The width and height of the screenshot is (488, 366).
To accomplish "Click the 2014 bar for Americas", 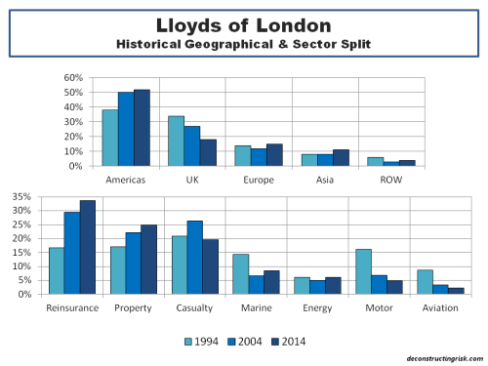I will click(x=142, y=128).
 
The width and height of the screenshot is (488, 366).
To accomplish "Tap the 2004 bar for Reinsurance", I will click(x=72, y=253).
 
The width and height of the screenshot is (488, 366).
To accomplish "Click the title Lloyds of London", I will click(x=244, y=24).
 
